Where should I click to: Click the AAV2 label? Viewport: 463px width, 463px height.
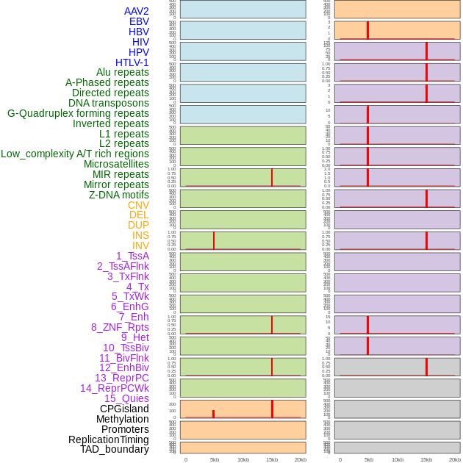pyautogui.click(x=137, y=11)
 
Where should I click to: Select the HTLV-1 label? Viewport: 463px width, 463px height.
pyautogui.click(x=132, y=62)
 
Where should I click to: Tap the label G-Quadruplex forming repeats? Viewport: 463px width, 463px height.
pyautogui.click(x=78, y=113)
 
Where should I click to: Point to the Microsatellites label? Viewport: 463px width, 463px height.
pyautogui.click(x=116, y=164)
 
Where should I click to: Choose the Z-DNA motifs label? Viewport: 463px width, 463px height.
pyautogui.click(x=119, y=195)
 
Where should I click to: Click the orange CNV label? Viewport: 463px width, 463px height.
pyautogui.click(x=138, y=205)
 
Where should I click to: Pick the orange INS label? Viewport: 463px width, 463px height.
pyautogui.click(x=140, y=235)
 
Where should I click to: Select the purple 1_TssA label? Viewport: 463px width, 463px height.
pyautogui.click(x=132, y=256)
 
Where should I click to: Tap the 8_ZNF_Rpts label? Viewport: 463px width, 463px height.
pyautogui.click(x=120, y=327)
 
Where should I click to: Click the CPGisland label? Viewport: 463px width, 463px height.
pyautogui.click(x=124, y=409)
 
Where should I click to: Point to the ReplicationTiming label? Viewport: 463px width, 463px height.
pyautogui.click(x=109, y=439)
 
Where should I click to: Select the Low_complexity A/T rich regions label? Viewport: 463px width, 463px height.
pyautogui.click(x=75, y=154)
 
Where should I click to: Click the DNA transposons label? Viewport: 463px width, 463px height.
pyautogui.click(x=109, y=103)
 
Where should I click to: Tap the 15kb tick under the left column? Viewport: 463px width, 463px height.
pyautogui.click(x=272, y=459)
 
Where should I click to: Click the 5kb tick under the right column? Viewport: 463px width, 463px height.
pyautogui.click(x=369, y=459)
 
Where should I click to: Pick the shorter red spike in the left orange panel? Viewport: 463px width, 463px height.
pyautogui.click(x=214, y=414)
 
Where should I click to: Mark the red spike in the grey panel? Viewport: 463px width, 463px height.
pyautogui.click(x=426, y=366)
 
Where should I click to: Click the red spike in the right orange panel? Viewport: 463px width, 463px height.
pyautogui.click(x=367, y=30)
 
